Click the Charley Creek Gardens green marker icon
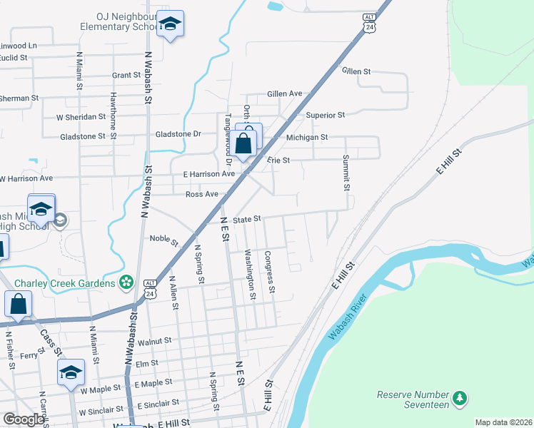127,283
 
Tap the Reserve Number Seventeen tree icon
461,397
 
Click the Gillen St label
356,71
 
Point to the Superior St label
325,115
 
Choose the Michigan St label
306,137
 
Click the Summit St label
346,173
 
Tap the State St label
248,220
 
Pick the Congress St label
269,273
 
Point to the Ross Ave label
201,194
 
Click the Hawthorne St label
113,111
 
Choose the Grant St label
126,75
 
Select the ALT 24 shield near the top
369,22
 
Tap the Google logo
24,419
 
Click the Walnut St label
155,342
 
